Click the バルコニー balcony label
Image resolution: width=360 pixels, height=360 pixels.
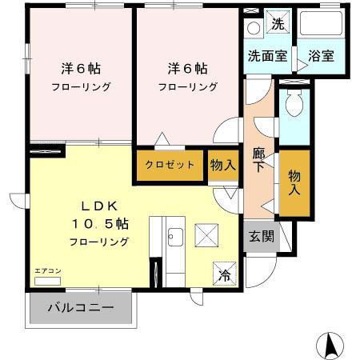coord(80,307)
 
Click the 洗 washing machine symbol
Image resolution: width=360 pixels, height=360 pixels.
coord(277,24)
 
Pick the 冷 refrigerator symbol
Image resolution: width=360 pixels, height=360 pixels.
coord(224,272)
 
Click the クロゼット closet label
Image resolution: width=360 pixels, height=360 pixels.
coord(170,166)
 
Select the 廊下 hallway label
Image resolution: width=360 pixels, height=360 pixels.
coord(258,159)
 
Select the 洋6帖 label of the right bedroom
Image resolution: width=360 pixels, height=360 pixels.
coord(188,68)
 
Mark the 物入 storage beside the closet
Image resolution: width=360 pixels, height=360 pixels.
coord(222,166)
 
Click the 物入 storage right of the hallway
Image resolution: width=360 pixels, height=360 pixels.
coord(294,182)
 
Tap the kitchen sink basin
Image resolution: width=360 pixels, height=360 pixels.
coord(175,237)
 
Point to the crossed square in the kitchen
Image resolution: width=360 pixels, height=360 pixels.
coord(209,238)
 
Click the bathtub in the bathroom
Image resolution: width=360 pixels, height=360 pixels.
coord(321,25)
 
